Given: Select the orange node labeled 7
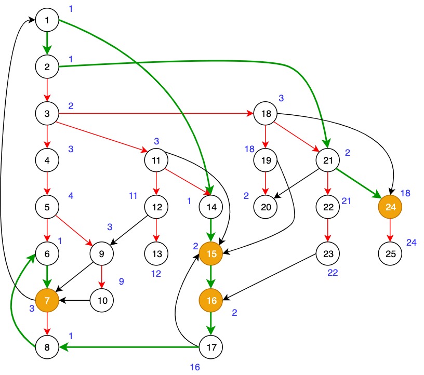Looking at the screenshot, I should (47, 300).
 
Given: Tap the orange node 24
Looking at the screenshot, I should (391, 207).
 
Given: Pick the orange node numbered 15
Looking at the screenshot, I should (211, 253).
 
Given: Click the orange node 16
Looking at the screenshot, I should (211, 300).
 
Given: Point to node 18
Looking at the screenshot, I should (265, 114).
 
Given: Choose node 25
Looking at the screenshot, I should (391, 253).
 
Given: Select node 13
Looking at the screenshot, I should (156, 253).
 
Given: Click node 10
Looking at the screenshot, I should (102, 300).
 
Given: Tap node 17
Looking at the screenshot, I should (211, 346).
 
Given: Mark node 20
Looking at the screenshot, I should (265, 207).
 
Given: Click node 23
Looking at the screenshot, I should (328, 253).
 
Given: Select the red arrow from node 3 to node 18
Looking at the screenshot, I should (156, 114).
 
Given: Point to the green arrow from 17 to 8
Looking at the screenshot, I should (130, 346).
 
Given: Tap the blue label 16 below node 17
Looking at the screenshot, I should (195, 367).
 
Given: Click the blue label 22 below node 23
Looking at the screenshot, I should (333, 274).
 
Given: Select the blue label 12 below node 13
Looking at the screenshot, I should (156, 274).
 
